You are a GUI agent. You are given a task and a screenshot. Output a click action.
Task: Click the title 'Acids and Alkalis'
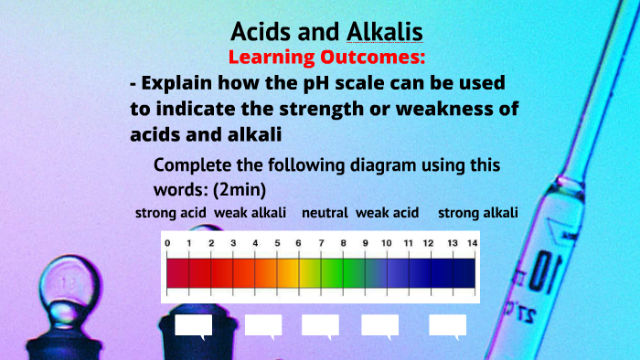326,32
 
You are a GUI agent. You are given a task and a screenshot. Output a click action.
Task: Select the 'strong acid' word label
171,213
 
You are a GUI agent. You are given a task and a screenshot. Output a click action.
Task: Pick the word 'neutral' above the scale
325,213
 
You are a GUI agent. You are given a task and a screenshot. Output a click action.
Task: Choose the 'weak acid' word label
387,213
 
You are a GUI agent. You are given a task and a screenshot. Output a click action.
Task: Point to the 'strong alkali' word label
478,213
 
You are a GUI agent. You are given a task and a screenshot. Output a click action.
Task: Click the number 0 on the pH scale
167,243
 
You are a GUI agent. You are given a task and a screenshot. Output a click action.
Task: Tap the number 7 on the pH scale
321,243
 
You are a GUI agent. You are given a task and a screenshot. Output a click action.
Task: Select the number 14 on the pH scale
472,243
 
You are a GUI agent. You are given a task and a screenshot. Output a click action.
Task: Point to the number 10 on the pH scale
386,243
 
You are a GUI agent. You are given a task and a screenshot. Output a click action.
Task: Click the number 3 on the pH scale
233,243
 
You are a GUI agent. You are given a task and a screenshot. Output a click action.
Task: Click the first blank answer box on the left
193,325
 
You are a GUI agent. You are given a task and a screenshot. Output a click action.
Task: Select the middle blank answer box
320,325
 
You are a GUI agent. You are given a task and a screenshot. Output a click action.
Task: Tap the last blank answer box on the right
447,325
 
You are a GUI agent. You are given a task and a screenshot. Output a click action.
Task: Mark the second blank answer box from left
263,325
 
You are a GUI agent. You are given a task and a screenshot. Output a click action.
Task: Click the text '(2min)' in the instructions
240,187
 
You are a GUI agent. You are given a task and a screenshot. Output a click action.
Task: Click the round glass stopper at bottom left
66,284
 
